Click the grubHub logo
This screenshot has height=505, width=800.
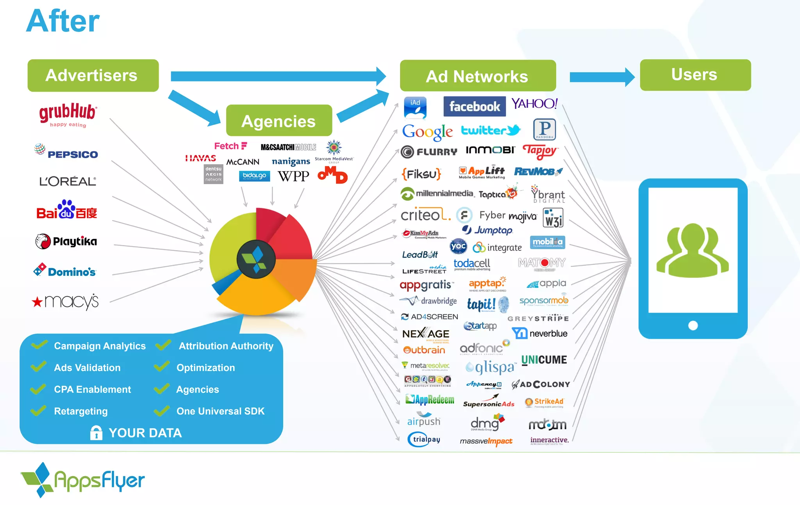pos(68,114)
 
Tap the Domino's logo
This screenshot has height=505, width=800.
pos(65,270)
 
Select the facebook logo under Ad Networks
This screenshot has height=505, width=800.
pos(474,107)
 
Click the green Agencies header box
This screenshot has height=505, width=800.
pos(279,121)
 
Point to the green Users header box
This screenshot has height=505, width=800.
pos(695,75)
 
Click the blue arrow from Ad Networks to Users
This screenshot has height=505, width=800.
pos(602,77)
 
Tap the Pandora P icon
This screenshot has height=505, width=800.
pos(544,129)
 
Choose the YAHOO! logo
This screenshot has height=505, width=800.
pos(534,104)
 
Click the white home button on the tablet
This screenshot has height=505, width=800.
pos(693,325)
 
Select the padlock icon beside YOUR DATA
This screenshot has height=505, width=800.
pos(96,433)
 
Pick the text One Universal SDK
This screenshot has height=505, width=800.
pos(220,411)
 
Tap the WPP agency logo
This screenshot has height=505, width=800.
pos(293,176)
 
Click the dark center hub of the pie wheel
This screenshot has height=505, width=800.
pos(256,259)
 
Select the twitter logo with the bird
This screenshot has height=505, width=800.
pos(491,130)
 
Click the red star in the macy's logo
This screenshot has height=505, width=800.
pos(37,302)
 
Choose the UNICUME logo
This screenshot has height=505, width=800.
pos(544,360)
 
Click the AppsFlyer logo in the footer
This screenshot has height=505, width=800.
pos(83,480)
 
